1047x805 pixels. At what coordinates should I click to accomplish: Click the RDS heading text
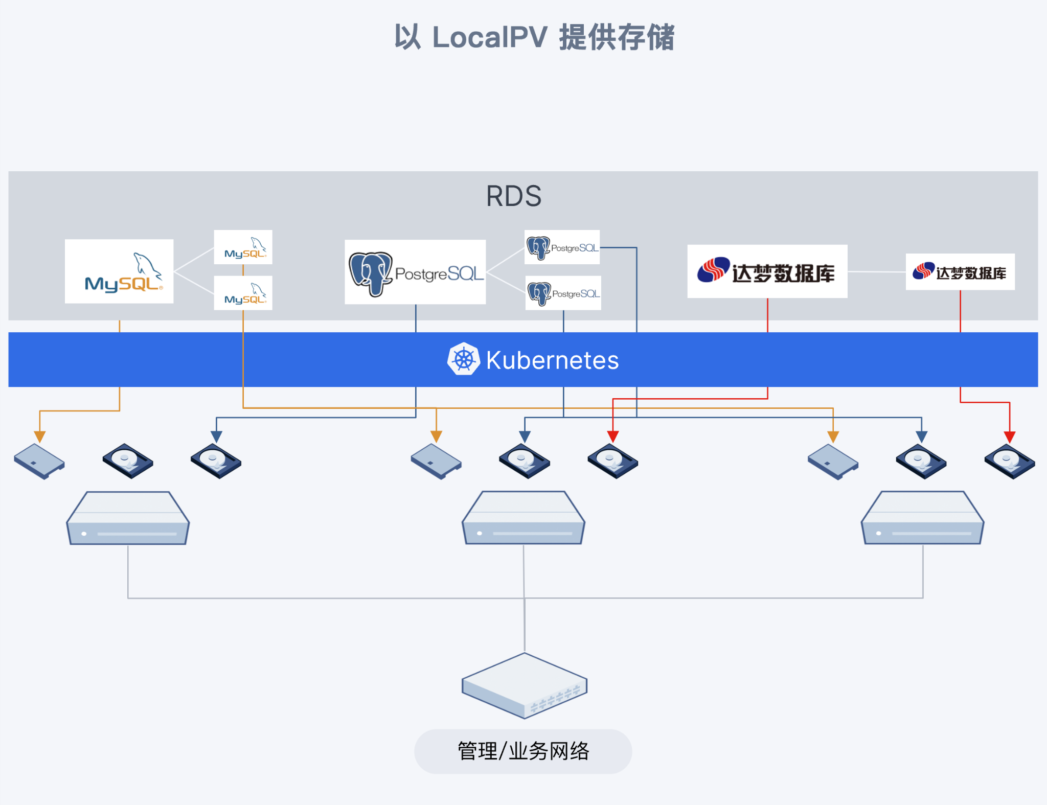513,196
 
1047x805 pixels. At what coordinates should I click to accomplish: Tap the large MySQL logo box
119,271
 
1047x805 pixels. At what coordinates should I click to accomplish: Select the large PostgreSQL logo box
415,272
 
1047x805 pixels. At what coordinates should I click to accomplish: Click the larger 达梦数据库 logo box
767,271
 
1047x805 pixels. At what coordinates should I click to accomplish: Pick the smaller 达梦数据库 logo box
960,272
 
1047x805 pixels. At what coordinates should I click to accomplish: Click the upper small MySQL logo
243,247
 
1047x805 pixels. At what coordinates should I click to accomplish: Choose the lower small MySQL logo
243,293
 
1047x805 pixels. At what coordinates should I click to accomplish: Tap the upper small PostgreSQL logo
562,247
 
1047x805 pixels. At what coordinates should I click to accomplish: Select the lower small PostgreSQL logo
563,293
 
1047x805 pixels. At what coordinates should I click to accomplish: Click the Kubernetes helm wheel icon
464,359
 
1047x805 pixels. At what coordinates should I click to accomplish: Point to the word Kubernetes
552,360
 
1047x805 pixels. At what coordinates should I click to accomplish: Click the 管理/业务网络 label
523,751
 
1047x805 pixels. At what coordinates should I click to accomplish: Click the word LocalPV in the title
489,37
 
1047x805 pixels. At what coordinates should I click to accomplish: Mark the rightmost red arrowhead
1009,437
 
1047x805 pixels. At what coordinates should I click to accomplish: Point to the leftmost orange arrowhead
40,437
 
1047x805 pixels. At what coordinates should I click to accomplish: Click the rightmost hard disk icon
1009,461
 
